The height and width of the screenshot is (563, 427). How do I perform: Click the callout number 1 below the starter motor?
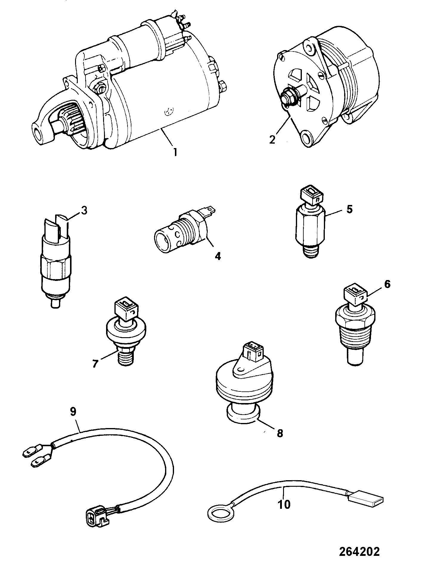coord(175,153)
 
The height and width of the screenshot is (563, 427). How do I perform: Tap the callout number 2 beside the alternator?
coord(272,139)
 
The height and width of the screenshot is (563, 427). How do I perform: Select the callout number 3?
coord(84,210)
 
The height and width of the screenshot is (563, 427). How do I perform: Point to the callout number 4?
coord(218,256)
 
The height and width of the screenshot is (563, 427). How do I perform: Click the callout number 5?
coord(350,209)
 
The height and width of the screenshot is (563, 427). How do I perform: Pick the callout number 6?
coord(387,284)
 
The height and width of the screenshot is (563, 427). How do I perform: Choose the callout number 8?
coord(280,433)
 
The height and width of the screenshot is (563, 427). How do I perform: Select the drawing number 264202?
coord(360,552)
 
